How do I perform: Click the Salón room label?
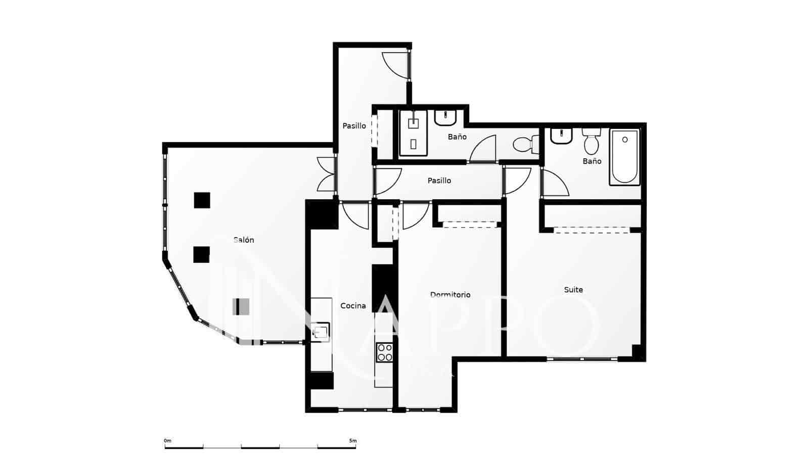pos(244,240)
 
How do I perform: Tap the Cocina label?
pos(353,306)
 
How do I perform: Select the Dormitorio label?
pos(450,295)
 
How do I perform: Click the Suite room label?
pos(573,290)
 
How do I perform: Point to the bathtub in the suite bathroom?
pos(624,157)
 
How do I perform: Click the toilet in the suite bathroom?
pos(591,142)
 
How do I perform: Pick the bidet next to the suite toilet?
pos(560,136)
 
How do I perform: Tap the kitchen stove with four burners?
pos(384,352)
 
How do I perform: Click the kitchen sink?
pos(321,332)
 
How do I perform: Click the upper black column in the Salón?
pos(202,200)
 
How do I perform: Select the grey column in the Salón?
pos(241,307)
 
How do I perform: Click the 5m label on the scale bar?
pos(352,441)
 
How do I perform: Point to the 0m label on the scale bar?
pos(168,441)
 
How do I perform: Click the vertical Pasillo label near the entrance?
pos(354,126)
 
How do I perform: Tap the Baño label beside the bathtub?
pos(592,161)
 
